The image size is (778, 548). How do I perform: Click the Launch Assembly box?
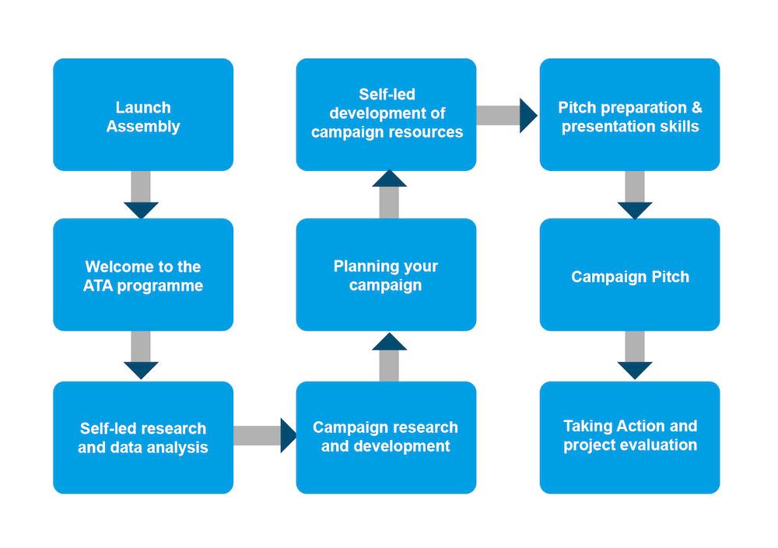(143, 114)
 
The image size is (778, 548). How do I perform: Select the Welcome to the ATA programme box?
(143, 274)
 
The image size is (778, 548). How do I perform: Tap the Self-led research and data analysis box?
(143, 438)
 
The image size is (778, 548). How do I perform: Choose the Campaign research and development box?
(386, 438)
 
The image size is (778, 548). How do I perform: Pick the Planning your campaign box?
(386, 274)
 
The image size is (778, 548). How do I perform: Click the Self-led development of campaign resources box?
(386, 114)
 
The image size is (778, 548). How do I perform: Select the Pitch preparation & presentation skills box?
(629, 114)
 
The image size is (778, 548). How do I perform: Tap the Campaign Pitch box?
(629, 274)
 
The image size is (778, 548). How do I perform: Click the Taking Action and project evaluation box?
(629, 438)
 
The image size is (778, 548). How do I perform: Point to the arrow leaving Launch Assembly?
(141, 195)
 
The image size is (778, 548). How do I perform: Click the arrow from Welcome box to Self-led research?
(141, 355)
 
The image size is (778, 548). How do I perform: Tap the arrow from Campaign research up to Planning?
(389, 357)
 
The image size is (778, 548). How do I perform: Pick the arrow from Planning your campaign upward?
(389, 194)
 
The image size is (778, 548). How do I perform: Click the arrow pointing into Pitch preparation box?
(506, 116)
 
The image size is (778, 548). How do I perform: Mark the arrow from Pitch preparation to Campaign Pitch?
(635, 195)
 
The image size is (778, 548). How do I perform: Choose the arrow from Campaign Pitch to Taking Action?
(635, 355)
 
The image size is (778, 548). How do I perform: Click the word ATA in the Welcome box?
(98, 285)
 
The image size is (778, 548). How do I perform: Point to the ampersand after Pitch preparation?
(696, 107)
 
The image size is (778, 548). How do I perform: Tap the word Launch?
(143, 107)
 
